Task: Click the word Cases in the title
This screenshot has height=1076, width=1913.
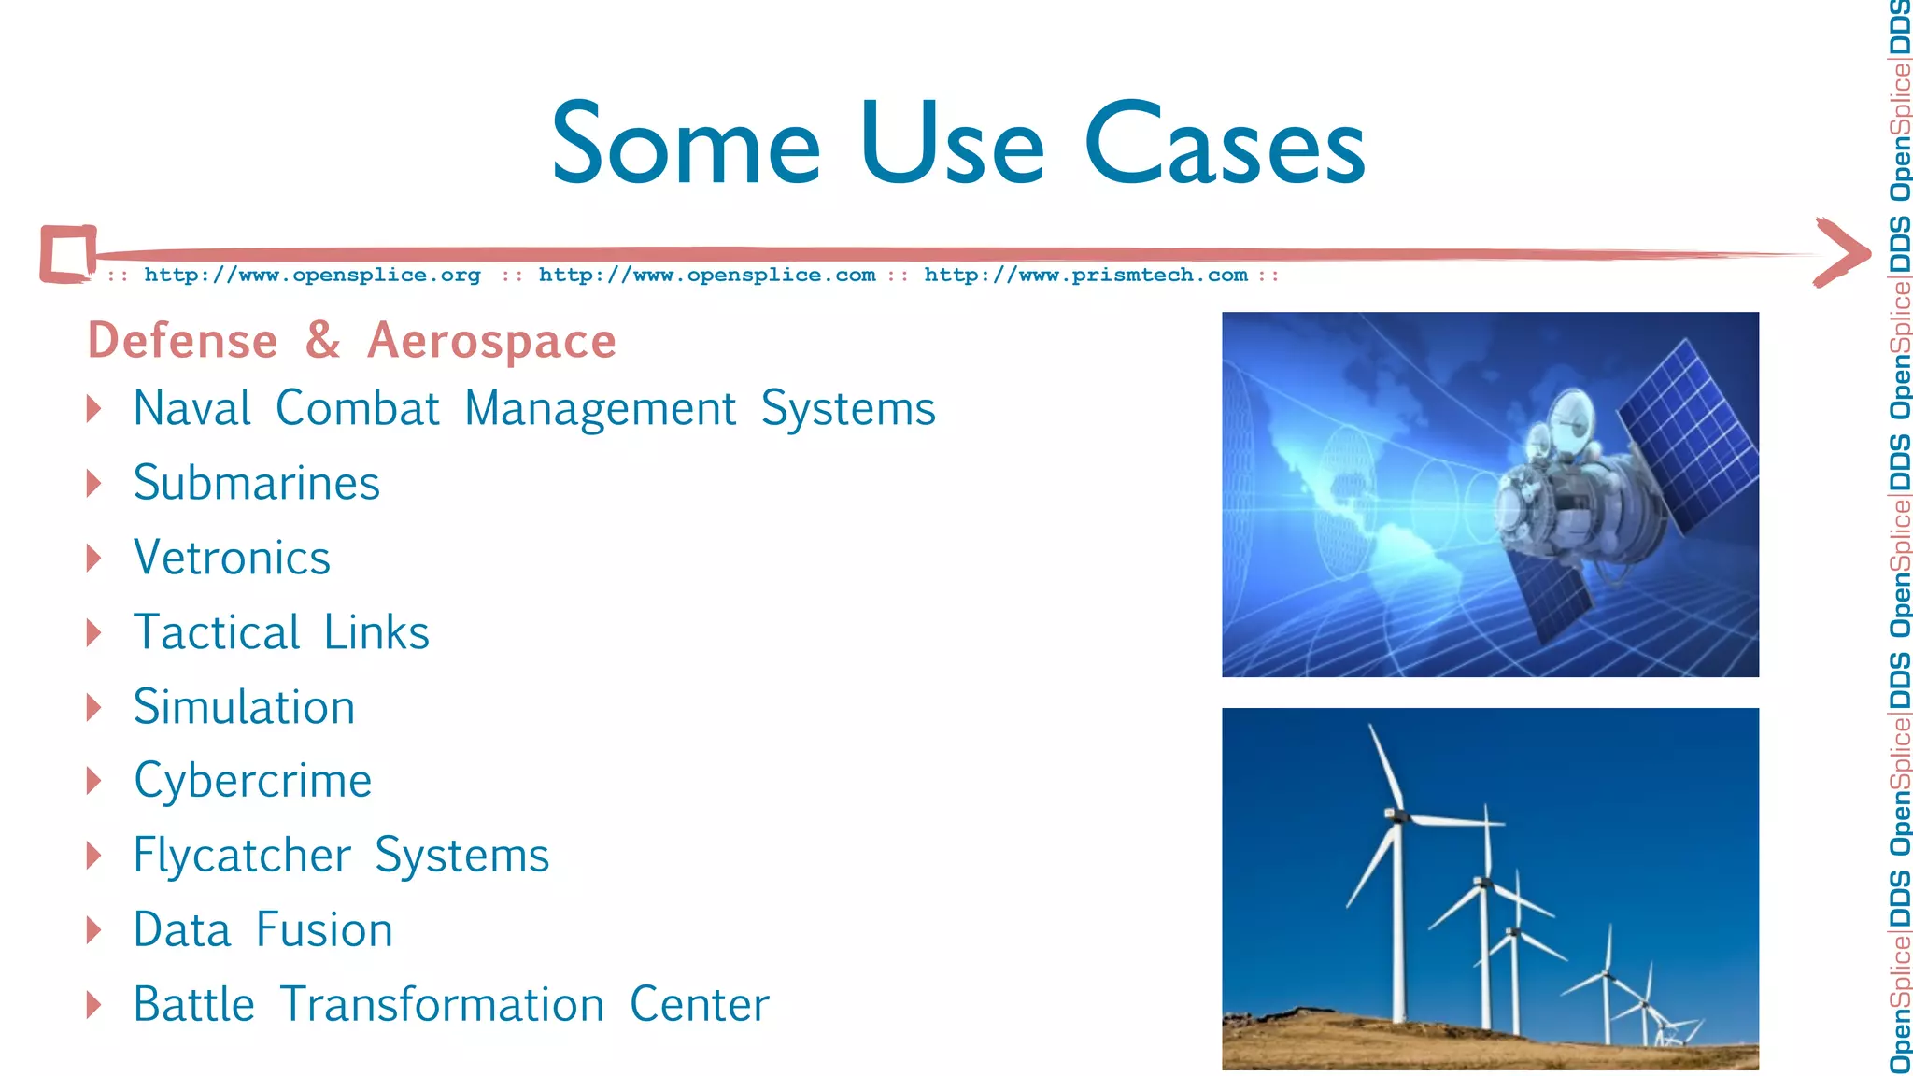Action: (x=1225, y=145)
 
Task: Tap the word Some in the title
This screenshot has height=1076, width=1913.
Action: (x=686, y=145)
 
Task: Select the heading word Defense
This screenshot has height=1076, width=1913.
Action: (x=183, y=341)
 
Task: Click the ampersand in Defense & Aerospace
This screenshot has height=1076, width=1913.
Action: (x=322, y=340)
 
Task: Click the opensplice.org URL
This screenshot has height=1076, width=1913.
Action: (x=312, y=275)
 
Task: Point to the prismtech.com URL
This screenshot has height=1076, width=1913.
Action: (x=1085, y=275)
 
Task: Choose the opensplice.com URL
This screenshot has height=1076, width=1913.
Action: (x=707, y=275)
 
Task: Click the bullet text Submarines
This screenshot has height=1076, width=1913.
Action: (x=257, y=483)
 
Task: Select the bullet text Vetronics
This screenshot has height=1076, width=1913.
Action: (x=232, y=558)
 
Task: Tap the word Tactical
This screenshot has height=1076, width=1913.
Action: (x=217, y=632)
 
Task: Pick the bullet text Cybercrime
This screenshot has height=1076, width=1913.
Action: (x=252, y=781)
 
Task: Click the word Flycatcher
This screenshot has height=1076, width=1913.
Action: (x=242, y=856)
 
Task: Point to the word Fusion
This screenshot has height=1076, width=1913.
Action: (x=324, y=930)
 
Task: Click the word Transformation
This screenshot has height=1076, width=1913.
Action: (x=442, y=1005)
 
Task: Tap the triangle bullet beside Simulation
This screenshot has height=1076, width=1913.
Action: (x=93, y=707)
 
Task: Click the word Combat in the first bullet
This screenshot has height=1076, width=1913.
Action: (x=357, y=409)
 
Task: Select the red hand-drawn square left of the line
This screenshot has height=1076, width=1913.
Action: (x=68, y=253)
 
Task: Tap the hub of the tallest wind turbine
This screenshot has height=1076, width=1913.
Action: (x=1397, y=815)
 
